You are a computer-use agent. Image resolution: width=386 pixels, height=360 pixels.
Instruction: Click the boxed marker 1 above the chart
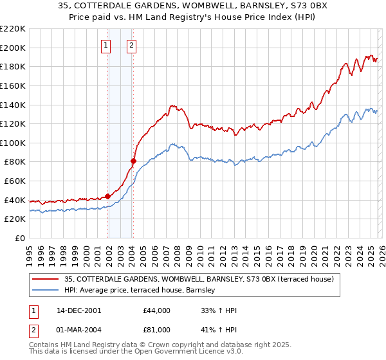pyautogui.click(x=106, y=45)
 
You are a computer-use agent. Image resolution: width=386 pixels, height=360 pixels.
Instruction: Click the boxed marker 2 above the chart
pyautogui.click(x=131, y=45)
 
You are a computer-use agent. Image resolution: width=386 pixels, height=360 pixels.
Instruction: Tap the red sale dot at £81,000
pyautogui.click(x=133, y=161)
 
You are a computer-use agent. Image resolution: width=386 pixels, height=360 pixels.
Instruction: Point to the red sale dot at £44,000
pyautogui.click(x=107, y=196)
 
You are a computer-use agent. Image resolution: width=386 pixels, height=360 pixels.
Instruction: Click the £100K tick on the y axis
pyautogui.click(x=13, y=143)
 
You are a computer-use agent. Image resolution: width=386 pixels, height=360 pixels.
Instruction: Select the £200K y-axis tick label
pyautogui.click(x=13, y=48)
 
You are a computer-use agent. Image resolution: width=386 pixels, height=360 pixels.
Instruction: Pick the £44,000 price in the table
pyautogui.click(x=157, y=310)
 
